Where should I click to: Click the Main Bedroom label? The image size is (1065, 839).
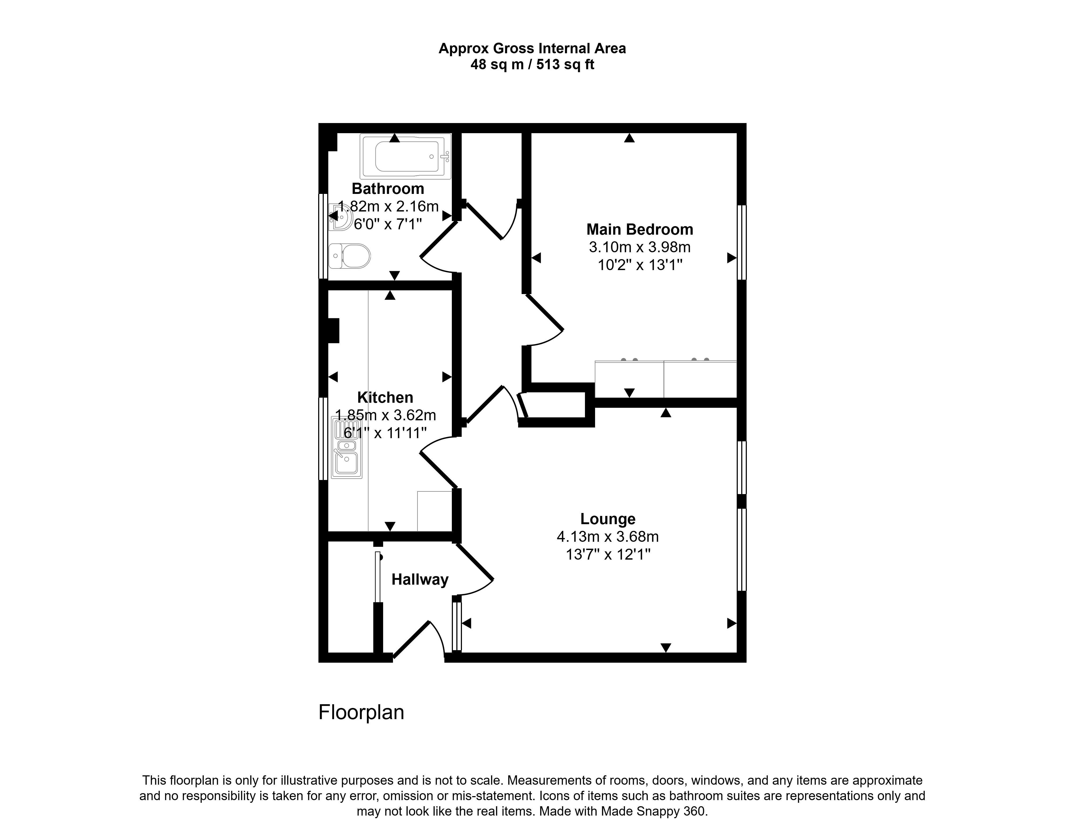point(640,229)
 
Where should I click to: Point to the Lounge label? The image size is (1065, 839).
point(608,519)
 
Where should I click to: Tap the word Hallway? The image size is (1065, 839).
point(420,580)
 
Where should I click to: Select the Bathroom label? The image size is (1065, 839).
point(388,189)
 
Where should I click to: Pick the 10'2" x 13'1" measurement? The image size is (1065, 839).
point(640,265)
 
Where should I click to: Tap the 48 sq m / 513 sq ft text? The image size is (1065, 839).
point(532,65)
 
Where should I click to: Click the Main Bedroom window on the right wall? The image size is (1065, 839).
point(742,242)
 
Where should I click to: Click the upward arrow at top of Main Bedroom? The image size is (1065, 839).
point(629,138)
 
